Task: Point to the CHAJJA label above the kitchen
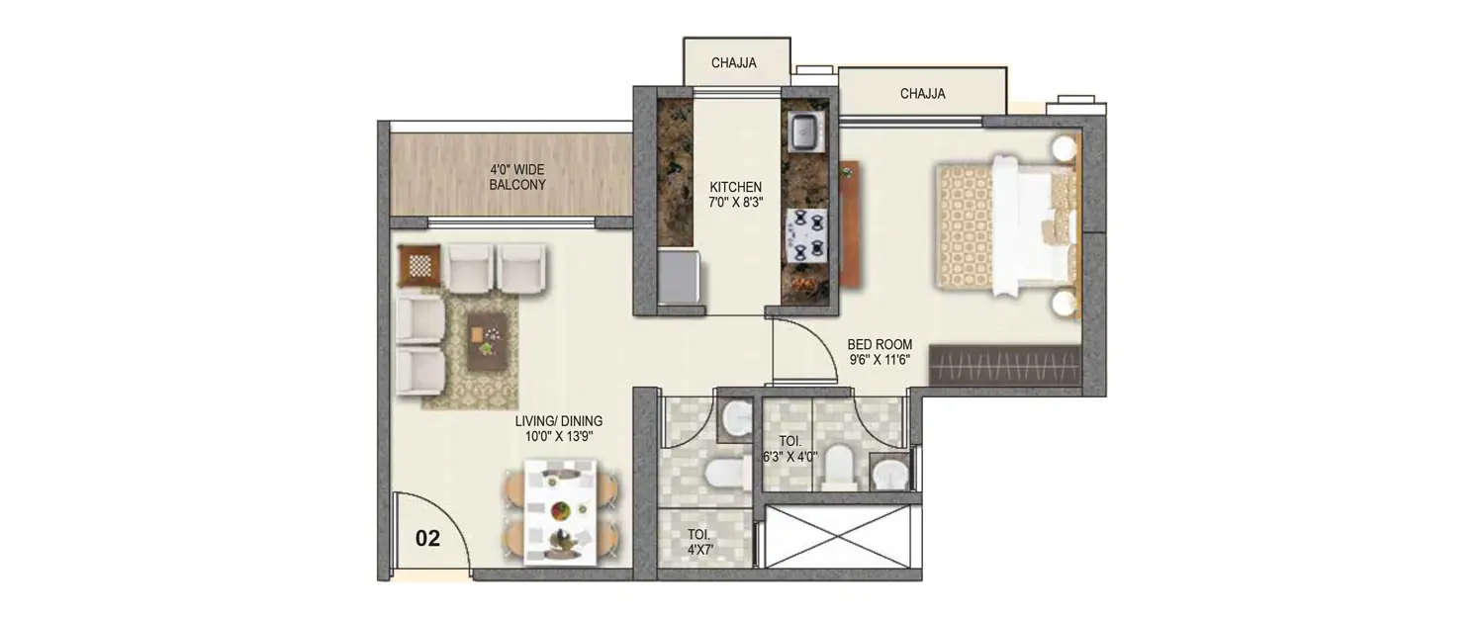(x=734, y=63)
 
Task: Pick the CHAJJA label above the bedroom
(x=922, y=94)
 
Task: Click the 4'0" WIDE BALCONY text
(x=516, y=177)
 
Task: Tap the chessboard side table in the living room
(x=418, y=266)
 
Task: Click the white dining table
(x=560, y=511)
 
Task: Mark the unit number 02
(x=427, y=539)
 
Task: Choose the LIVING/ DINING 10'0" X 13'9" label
(x=558, y=428)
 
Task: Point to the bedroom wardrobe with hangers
(x=1003, y=367)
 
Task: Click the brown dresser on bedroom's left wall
(x=850, y=224)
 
